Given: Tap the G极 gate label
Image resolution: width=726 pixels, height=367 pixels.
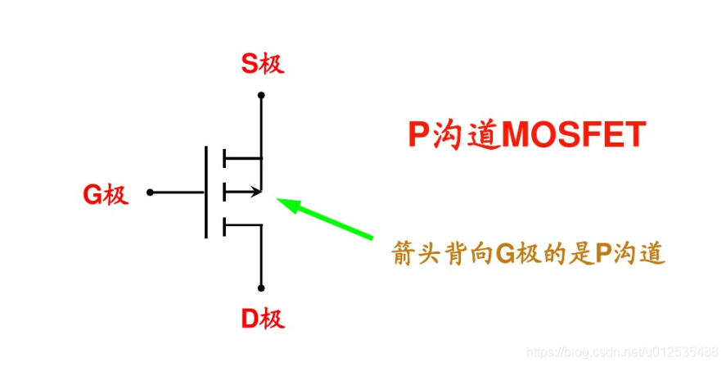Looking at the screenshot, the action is (x=106, y=193).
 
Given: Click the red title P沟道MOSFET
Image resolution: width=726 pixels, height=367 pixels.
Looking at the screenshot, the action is (x=526, y=135).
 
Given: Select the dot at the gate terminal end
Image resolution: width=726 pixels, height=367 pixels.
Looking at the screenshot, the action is (x=150, y=193).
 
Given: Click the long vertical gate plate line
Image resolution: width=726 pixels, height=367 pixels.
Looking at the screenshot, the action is (x=206, y=193).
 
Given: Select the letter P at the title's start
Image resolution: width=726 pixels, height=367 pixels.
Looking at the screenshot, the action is (x=418, y=135).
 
